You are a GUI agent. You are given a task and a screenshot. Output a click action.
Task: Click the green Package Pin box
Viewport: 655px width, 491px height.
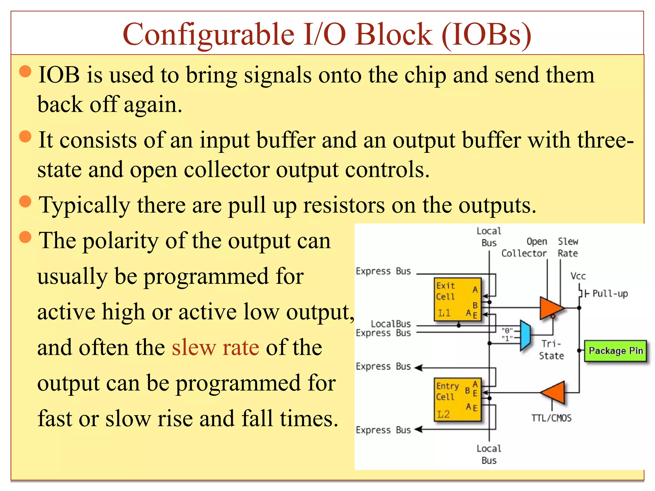pos(615,351)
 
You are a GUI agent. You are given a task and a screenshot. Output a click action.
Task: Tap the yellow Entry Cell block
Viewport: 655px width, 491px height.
pos(458,400)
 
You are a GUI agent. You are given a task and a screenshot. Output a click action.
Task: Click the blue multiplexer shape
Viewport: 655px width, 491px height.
pos(525,335)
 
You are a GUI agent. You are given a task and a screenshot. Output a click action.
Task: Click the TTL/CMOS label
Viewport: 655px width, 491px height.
pos(551,418)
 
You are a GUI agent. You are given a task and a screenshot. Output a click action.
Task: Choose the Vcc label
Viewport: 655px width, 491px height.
pos(578,276)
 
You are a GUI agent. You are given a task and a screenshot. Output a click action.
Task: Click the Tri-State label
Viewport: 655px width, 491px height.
pos(551,349)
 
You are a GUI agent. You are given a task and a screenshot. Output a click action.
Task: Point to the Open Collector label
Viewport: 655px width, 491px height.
pos(525,247)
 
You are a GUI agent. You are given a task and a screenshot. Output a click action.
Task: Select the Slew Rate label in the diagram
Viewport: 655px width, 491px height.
pos(568,247)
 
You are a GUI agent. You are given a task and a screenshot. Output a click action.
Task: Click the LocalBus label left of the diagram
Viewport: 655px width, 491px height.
pos(391,324)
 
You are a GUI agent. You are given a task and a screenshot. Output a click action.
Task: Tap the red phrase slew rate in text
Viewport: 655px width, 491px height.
pos(215,347)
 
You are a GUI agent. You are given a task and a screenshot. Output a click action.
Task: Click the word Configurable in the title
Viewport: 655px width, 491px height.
pos(208,35)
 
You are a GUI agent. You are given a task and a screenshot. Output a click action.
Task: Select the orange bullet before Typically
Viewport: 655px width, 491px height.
pos(25,202)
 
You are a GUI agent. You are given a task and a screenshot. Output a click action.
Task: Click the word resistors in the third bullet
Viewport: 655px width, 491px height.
pos(344,205)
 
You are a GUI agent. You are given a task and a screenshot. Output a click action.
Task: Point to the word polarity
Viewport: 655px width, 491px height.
pos(121,241)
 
